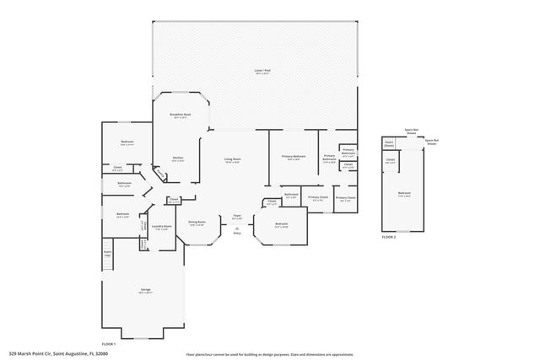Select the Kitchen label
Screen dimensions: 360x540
click(178, 158)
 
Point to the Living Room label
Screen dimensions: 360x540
click(233, 160)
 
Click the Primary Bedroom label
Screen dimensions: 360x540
click(294, 157)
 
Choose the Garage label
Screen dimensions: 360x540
click(146, 290)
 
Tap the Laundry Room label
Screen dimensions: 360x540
click(161, 226)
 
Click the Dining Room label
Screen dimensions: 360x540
click(197, 223)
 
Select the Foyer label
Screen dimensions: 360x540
click(237, 217)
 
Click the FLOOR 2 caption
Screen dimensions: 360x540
click(389, 237)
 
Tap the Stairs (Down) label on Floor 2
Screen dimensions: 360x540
click(389, 143)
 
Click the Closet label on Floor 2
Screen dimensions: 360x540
click(391, 160)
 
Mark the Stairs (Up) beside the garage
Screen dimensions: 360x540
click(107, 253)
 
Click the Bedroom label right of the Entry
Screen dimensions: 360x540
click(281, 225)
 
